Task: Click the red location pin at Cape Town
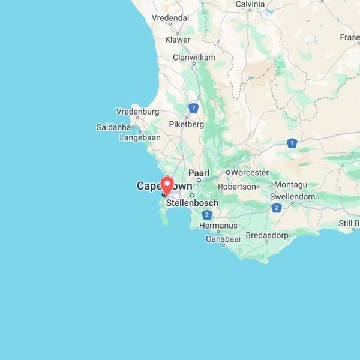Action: click(167, 185)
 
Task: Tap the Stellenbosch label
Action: click(192, 203)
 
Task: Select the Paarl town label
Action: click(199, 173)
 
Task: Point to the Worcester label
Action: click(250, 173)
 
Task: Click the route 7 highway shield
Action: click(193, 108)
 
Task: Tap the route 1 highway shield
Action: click(292, 143)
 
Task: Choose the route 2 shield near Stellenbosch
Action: click(207, 215)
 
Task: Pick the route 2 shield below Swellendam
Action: click(276, 208)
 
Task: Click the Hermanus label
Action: click(218, 226)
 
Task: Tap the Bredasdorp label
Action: click(267, 235)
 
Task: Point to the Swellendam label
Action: click(292, 197)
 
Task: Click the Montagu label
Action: click(291, 185)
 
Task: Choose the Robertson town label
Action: click(237, 187)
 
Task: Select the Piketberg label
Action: click(187, 124)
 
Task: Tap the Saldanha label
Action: click(113, 127)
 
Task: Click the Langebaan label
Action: click(140, 137)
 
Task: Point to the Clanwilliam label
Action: click(194, 58)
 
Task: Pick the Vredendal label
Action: click(171, 18)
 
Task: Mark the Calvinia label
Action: click(250, 4)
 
